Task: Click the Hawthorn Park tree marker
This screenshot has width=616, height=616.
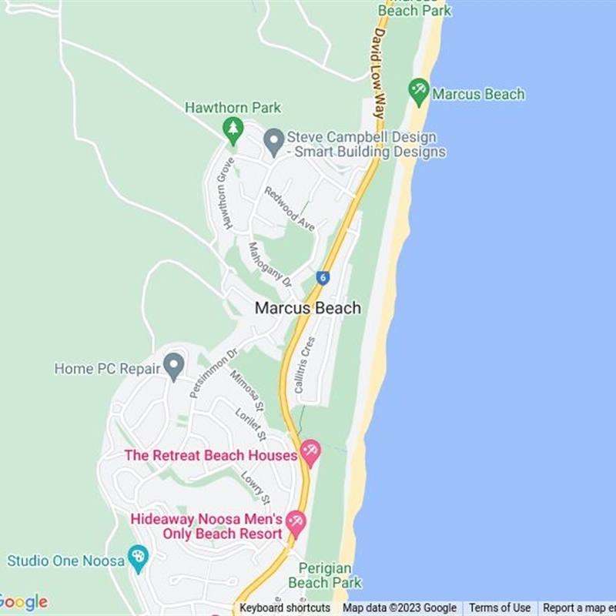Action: [233, 129]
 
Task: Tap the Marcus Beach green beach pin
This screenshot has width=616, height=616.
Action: [419, 92]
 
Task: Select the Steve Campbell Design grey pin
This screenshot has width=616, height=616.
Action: [273, 141]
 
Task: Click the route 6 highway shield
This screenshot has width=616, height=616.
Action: [323, 278]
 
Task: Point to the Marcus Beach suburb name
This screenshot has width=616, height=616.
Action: [308, 308]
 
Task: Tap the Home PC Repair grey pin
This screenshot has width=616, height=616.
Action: [174, 366]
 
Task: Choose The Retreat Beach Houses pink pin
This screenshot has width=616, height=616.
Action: [310, 452]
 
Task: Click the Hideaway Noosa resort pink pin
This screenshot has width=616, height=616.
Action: [296, 523]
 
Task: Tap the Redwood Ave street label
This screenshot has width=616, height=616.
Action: [290, 208]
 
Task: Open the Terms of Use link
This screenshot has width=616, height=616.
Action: [500, 608]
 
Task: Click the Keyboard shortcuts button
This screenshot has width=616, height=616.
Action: [285, 608]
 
